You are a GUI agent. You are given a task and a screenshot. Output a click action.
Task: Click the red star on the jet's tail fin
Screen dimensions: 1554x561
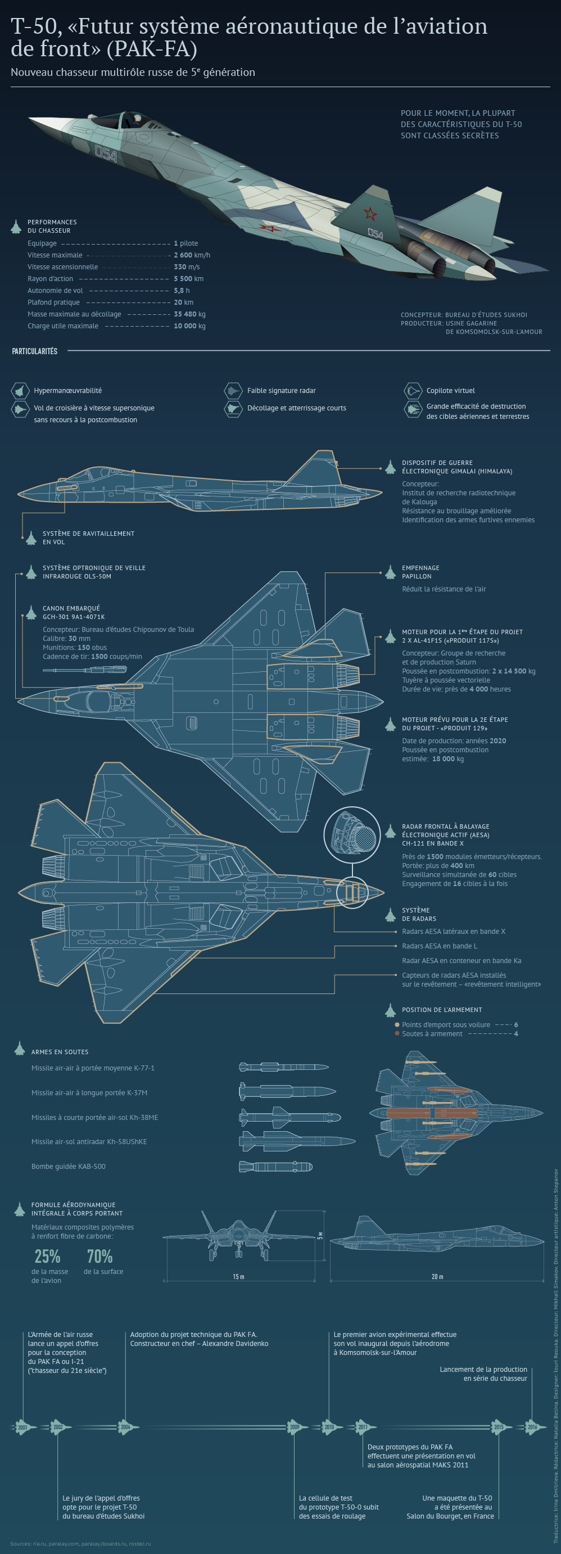[x=369, y=213]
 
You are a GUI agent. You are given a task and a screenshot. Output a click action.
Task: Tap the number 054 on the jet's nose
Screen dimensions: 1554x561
[x=106, y=154]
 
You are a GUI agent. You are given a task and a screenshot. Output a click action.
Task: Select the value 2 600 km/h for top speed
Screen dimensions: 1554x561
[x=192, y=255]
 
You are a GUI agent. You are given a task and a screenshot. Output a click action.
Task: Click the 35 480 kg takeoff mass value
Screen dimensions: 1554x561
[x=189, y=314]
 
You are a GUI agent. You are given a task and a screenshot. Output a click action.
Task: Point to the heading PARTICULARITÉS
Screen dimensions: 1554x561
[x=34, y=351]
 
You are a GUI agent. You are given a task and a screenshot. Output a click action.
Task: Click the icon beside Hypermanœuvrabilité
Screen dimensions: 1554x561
[x=20, y=391]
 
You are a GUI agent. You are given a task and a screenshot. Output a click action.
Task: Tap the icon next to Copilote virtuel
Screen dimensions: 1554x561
[x=413, y=391]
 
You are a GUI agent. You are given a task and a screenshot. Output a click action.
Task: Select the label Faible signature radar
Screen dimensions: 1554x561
[x=281, y=391]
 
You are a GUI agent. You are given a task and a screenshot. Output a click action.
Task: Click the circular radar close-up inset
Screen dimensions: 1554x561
[x=352, y=835]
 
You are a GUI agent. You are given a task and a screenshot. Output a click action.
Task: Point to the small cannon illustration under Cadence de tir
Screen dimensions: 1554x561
[x=84, y=669]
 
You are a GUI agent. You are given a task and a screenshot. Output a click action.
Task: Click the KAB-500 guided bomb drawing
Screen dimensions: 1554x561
[x=275, y=1166]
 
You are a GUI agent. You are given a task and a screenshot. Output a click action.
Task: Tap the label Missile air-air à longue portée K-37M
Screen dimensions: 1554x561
[x=89, y=1092]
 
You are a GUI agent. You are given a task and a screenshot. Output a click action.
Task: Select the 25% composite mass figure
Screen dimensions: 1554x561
[x=47, y=1256]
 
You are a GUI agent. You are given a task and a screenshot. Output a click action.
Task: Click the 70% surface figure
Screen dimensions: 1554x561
[x=99, y=1256]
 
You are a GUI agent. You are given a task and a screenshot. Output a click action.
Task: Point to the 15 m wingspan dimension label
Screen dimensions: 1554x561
[x=238, y=1276]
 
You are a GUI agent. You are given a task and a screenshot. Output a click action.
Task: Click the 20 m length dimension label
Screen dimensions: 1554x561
[x=437, y=1276]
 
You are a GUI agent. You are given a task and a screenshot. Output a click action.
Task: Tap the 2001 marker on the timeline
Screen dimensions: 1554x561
[x=22, y=1427]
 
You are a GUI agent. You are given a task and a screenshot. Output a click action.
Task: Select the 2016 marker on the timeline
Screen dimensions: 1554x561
[x=532, y=1427]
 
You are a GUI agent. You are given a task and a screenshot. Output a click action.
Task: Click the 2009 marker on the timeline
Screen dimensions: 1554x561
[x=295, y=1427]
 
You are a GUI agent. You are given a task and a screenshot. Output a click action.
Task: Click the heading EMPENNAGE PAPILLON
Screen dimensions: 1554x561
[x=420, y=572]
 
